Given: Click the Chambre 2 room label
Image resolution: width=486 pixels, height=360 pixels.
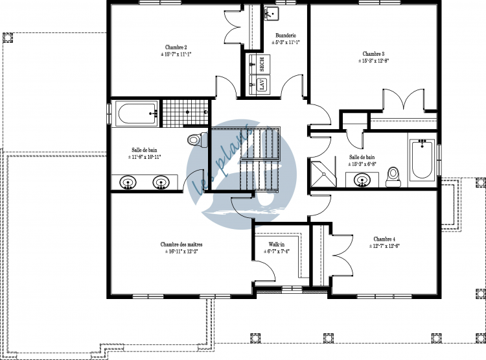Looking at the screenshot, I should click(x=176, y=47).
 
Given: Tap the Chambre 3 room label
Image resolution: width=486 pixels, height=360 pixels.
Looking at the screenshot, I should click(x=373, y=54).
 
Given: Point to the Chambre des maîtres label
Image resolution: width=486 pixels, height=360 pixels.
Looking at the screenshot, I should click(x=179, y=244).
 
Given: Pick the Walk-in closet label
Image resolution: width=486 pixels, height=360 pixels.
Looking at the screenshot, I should click(x=277, y=245).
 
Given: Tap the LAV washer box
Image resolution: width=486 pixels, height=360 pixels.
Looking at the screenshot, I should click(x=262, y=84).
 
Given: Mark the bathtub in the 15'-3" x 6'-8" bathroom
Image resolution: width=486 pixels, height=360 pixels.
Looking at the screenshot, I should click(x=421, y=159).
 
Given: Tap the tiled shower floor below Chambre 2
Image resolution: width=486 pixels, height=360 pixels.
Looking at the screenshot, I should click(x=176, y=113).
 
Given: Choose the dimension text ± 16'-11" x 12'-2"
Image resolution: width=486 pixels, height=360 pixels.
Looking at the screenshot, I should click(x=179, y=251).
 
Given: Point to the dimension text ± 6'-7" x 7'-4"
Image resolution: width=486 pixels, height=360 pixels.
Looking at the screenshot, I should click(x=277, y=252).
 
